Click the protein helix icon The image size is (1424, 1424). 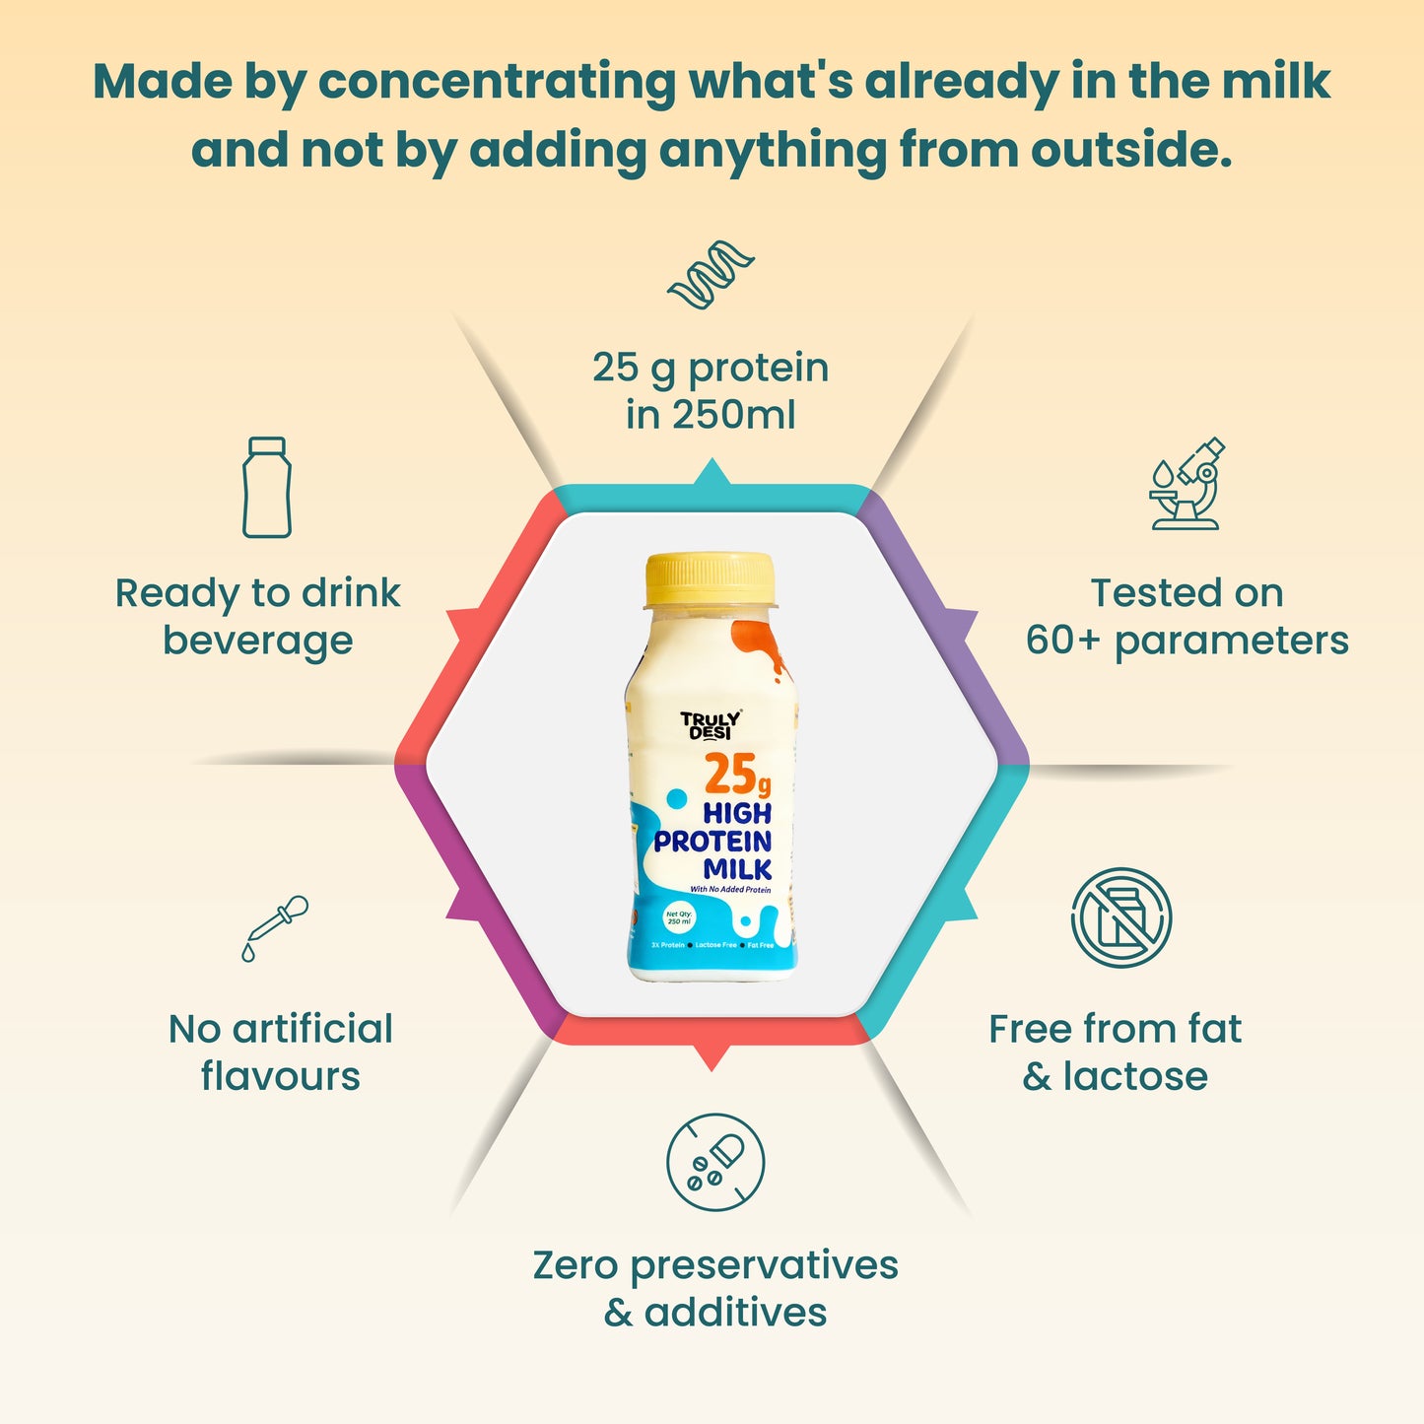(x=711, y=273)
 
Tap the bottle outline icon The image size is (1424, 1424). (x=267, y=488)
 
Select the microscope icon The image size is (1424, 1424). (x=1187, y=484)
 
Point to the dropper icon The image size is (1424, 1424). (x=275, y=927)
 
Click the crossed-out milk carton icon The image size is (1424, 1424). (x=1120, y=917)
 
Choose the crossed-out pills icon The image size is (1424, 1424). (x=714, y=1162)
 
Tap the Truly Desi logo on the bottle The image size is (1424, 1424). (x=710, y=725)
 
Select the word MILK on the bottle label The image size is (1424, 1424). (x=737, y=869)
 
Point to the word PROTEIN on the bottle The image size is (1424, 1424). (x=712, y=842)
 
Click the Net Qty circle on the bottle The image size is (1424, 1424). (x=679, y=917)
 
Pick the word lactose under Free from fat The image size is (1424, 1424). (x=1134, y=1076)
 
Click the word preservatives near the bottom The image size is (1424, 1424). (x=764, y=1266)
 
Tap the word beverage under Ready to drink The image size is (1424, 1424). (x=257, y=641)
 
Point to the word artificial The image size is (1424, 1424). (x=312, y=1029)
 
